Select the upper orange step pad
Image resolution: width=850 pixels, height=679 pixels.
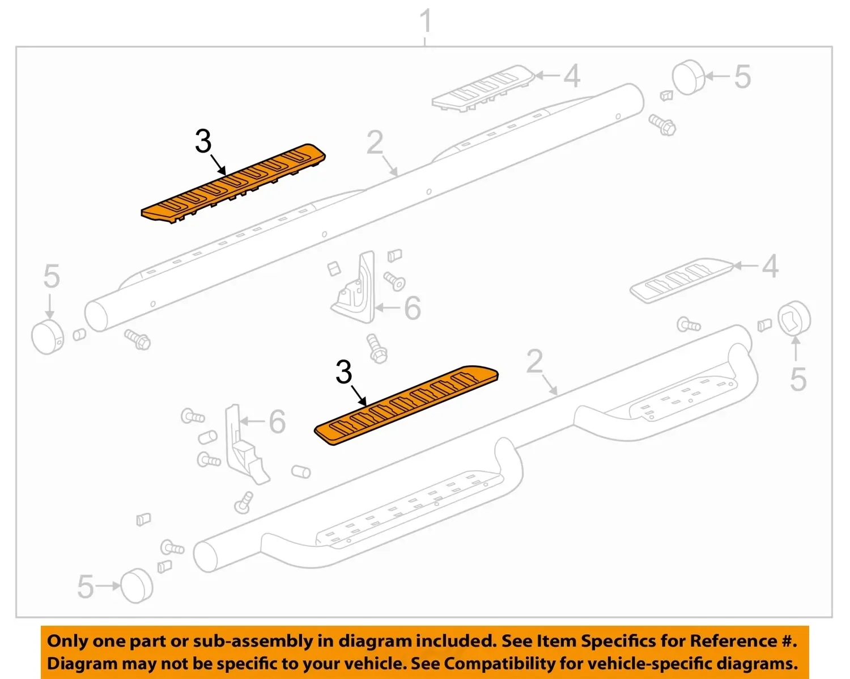point(233,183)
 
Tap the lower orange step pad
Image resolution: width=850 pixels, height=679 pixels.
point(406,405)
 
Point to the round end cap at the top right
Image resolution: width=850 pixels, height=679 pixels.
point(688,78)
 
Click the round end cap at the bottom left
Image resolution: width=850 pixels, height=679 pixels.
point(137,586)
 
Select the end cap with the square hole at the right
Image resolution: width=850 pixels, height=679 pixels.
point(794,318)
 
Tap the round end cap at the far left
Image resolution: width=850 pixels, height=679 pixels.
point(48,337)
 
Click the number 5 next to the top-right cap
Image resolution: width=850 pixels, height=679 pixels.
point(742,77)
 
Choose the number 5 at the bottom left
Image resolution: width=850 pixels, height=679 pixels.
point(86,587)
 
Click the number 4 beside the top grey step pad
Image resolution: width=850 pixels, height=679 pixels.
point(572,75)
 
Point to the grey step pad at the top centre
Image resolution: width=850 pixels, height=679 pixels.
point(483,88)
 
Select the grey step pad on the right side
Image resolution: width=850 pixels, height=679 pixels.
point(682,281)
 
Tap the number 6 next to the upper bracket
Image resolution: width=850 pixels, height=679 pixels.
point(413,309)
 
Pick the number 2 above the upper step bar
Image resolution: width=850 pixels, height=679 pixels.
point(375,142)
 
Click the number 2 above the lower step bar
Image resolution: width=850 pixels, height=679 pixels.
point(535,361)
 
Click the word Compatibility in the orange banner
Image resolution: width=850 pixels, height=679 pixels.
point(500,664)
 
